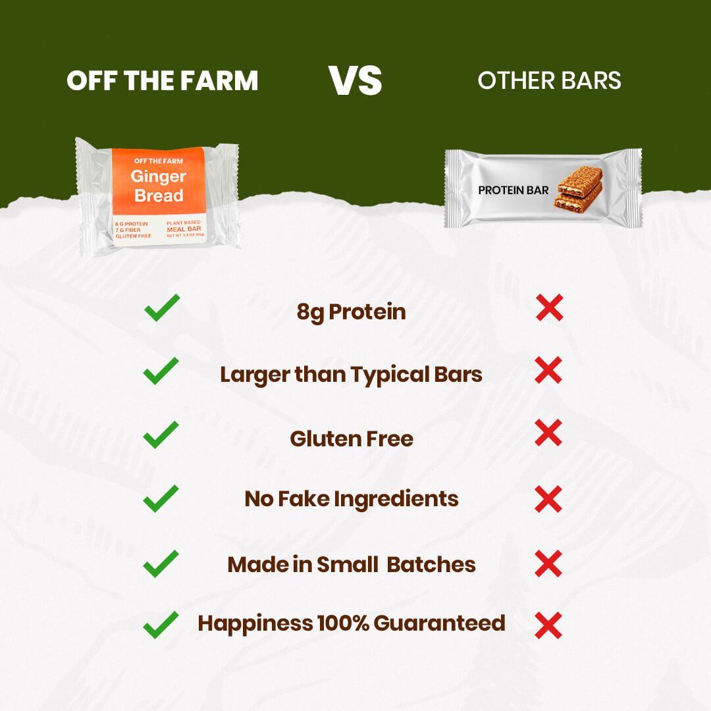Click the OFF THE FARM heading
click(162, 80)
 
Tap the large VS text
click(355, 80)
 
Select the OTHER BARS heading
click(549, 80)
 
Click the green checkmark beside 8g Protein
click(161, 308)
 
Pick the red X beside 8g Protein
click(549, 308)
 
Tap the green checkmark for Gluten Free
click(161, 434)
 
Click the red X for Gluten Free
click(548, 434)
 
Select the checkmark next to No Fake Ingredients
click(161, 498)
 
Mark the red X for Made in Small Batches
click(548, 564)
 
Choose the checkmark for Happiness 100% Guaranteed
click(161, 624)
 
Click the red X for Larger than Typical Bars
click(548, 371)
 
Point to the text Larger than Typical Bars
click(351, 375)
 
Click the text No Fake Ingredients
click(351, 499)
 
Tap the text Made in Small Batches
click(351, 564)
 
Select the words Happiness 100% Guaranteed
click(351, 623)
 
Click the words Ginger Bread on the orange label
click(158, 186)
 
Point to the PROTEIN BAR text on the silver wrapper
click(513, 190)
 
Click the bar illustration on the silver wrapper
click(580, 191)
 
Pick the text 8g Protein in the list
click(351, 312)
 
